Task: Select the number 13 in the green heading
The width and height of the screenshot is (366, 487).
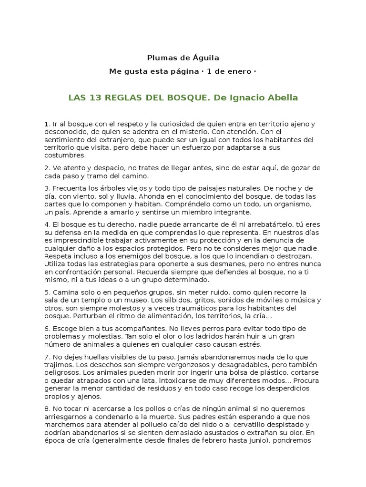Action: click(95, 98)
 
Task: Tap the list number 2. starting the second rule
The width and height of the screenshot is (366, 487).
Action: click(47, 168)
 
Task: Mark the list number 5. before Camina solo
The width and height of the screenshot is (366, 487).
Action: click(47, 292)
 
